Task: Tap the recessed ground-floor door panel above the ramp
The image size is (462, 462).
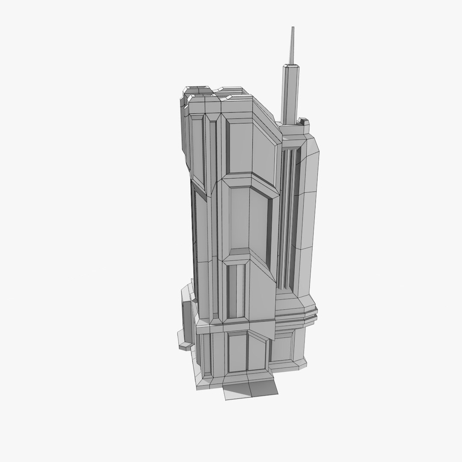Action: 237,352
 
